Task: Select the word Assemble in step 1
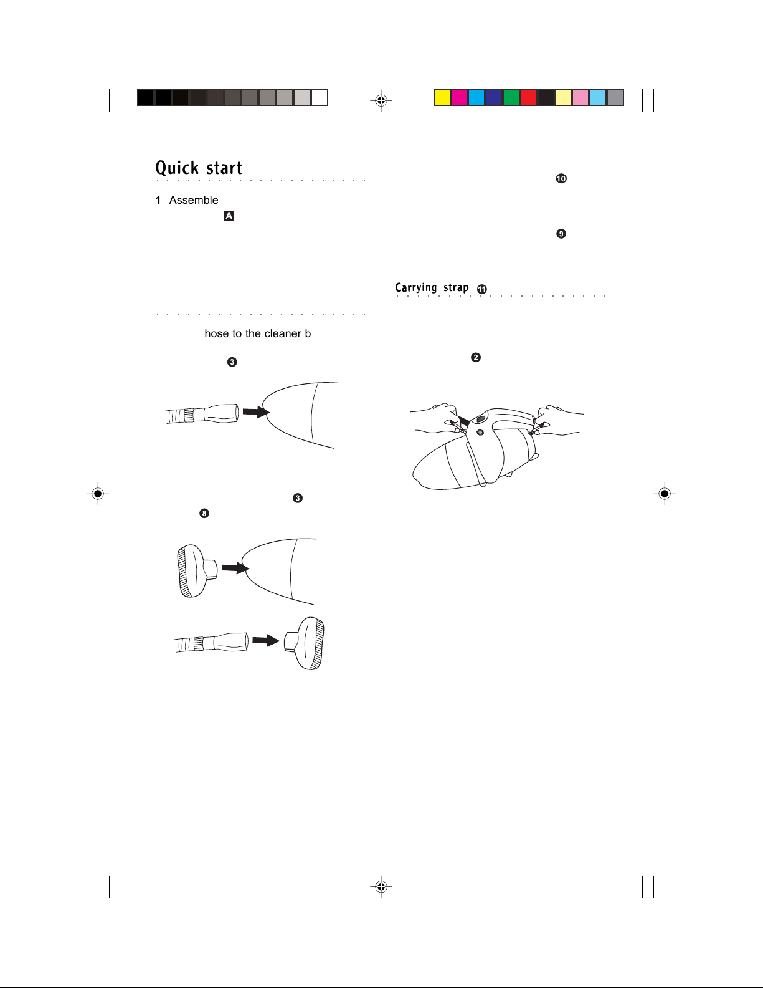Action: click(194, 200)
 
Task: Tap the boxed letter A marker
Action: click(229, 216)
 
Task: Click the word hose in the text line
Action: click(217, 333)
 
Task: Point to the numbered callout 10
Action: click(561, 179)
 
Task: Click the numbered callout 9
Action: click(561, 234)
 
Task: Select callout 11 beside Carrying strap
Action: click(482, 289)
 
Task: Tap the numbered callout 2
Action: click(475, 357)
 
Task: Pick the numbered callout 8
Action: click(204, 514)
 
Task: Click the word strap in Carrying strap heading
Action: click(456, 288)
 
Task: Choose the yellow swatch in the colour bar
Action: click(442, 97)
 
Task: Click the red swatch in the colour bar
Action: click(529, 97)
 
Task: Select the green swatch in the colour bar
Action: click(511, 97)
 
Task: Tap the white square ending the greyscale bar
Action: click(320, 97)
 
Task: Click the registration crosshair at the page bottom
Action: click(381, 886)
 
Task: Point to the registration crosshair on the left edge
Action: click(97, 493)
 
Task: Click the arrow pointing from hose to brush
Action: click(266, 640)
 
